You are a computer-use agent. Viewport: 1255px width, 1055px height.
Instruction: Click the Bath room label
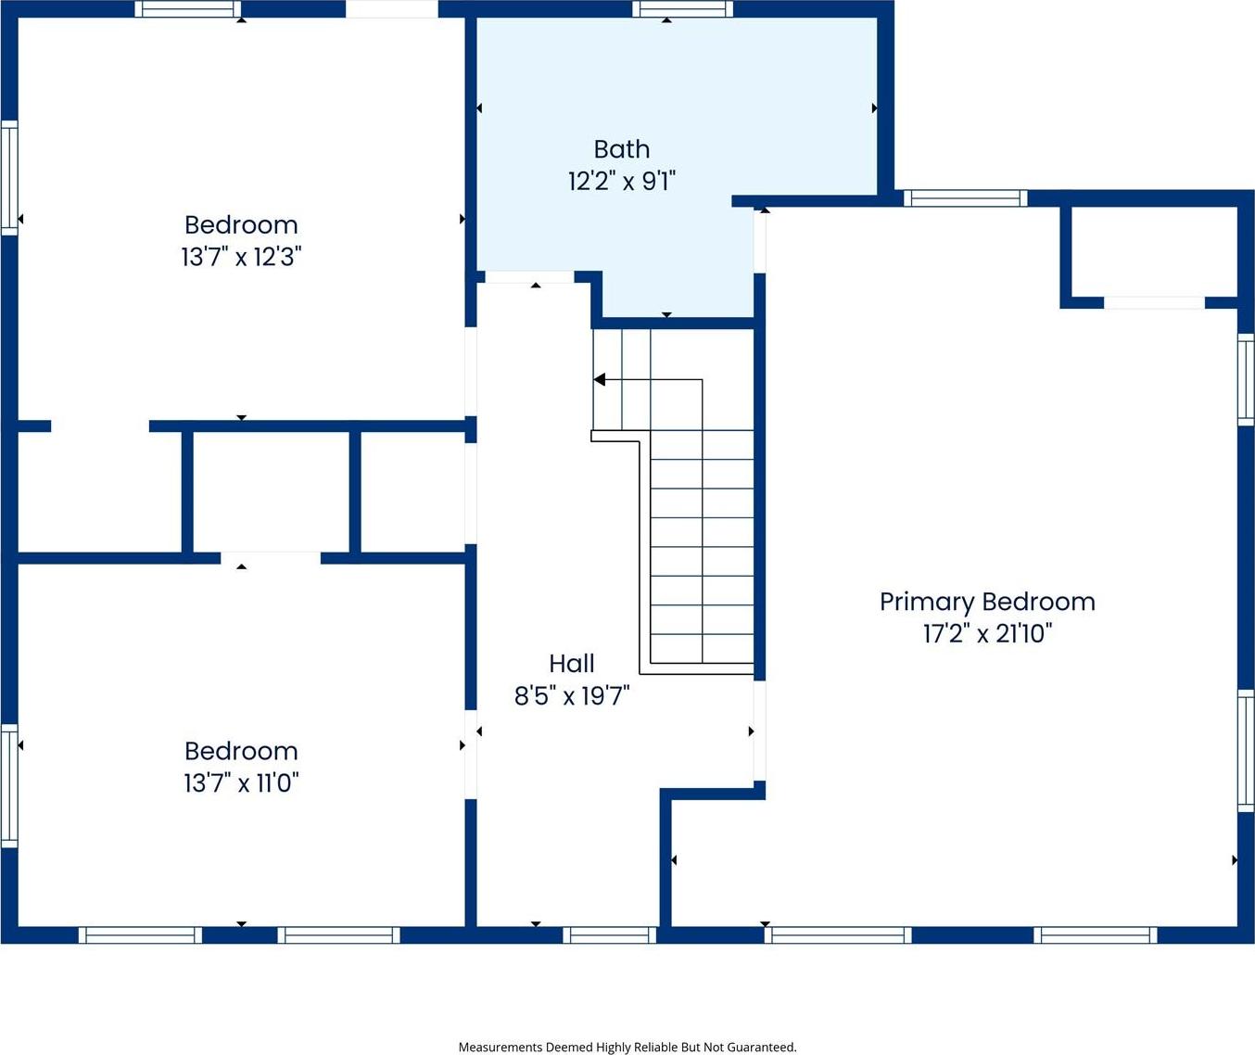622,149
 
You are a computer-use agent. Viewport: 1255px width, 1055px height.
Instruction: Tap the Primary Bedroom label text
987,603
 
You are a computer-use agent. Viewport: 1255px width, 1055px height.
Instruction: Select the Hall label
572,664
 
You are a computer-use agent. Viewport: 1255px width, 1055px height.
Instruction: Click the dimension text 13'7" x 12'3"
241,257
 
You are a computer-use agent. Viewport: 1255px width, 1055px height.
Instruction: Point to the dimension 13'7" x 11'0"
241,783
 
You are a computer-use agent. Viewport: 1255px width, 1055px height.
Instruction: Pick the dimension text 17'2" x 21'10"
987,633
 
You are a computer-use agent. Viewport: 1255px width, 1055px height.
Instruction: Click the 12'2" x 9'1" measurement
622,181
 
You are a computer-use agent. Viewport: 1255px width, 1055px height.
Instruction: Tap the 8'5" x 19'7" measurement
572,696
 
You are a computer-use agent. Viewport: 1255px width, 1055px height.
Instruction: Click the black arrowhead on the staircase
600,380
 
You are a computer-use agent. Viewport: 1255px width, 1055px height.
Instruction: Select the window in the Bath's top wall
683,9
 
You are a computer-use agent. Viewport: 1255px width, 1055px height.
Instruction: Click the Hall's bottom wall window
610,934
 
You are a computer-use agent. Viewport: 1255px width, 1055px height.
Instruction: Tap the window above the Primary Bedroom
965,198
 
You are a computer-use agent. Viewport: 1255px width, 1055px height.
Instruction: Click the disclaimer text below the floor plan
627,1047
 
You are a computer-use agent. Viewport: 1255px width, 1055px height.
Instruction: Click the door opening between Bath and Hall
529,277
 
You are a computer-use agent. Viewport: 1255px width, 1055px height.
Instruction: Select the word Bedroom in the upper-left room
241,225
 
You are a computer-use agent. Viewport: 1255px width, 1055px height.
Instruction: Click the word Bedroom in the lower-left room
241,752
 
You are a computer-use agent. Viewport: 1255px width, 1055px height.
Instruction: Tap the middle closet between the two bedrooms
271,491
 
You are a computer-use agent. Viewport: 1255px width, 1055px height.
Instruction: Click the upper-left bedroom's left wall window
9,178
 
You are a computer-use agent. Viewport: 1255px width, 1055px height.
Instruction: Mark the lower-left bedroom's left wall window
9,786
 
